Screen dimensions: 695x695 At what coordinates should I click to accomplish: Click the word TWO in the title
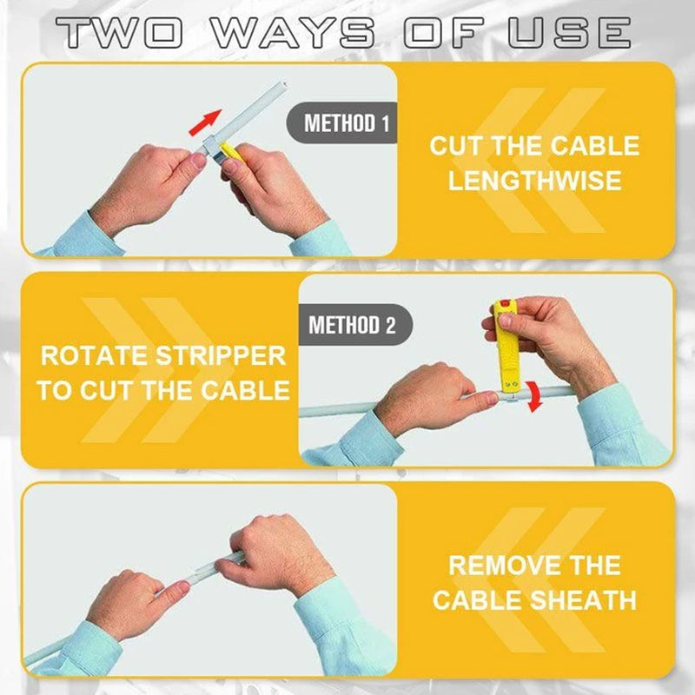tap(119, 32)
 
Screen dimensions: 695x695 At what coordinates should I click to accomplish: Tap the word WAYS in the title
tap(293, 32)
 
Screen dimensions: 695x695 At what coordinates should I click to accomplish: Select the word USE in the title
tap(569, 32)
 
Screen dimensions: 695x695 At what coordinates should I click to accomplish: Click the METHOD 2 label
tap(352, 325)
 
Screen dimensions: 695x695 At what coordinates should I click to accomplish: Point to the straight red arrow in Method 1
tap(205, 122)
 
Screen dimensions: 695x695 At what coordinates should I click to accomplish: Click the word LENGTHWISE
tap(534, 181)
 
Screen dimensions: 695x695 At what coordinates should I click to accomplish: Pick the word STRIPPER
tap(221, 356)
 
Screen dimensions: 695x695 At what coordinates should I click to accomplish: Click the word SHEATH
tap(583, 599)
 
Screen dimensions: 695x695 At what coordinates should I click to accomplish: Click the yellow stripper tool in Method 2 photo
tap(506, 349)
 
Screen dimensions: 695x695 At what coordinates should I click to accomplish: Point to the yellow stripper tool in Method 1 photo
tap(230, 151)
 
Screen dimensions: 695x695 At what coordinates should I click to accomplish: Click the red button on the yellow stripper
tap(504, 304)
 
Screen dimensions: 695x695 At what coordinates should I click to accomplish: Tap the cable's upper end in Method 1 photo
tap(281, 84)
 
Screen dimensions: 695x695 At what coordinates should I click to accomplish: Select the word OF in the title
tap(442, 32)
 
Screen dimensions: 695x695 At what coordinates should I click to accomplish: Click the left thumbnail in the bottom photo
tap(181, 588)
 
